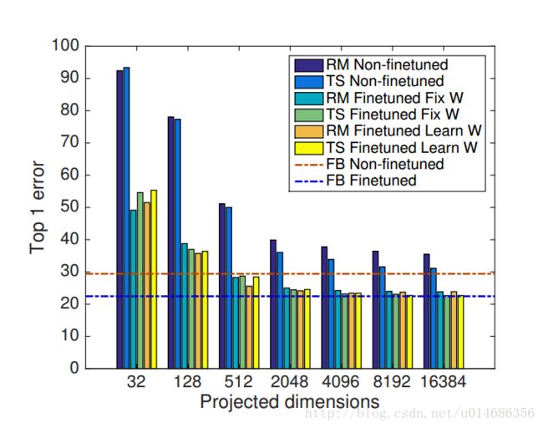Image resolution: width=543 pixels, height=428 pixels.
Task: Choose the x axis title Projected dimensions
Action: tap(289, 402)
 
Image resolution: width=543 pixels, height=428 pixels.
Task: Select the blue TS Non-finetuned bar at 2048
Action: tap(280, 309)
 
